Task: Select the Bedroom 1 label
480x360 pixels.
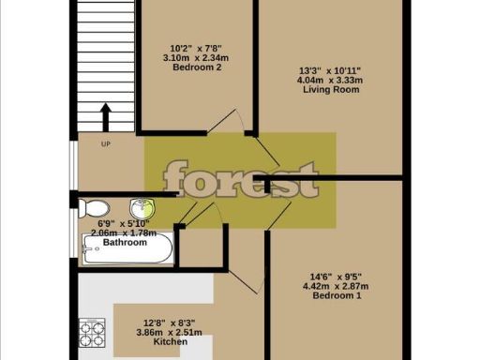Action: click(x=337, y=296)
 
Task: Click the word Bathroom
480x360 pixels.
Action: click(x=125, y=243)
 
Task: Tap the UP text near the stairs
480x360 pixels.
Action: click(x=106, y=144)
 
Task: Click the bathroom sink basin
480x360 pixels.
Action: click(x=142, y=209)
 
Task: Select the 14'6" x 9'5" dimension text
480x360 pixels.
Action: click(x=337, y=276)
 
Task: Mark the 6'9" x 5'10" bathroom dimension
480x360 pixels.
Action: click(x=122, y=223)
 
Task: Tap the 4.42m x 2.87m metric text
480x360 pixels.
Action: click(x=337, y=286)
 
